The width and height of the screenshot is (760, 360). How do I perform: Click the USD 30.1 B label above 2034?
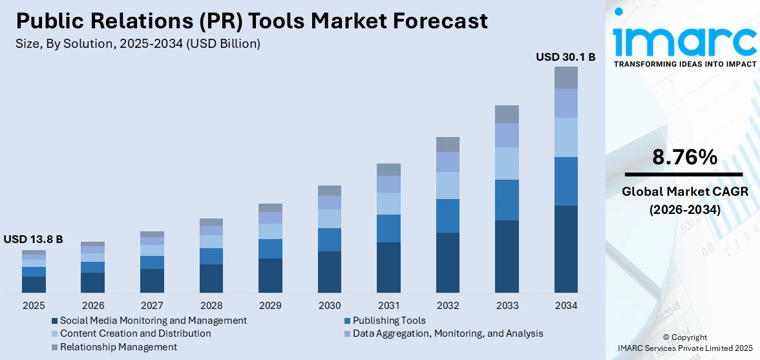[565, 57]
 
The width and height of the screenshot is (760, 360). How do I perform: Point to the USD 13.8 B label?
[33, 239]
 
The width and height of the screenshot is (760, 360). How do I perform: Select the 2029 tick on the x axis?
[270, 305]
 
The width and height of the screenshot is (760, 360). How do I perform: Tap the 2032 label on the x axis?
[448, 305]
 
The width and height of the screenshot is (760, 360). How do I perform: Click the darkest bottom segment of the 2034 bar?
[565, 249]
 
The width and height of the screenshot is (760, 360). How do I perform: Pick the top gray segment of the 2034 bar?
[565, 78]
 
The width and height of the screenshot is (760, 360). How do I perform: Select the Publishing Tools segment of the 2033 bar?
[507, 200]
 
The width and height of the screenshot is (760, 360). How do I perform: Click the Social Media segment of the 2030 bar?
[330, 271]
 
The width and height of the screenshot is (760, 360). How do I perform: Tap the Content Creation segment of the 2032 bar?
[448, 185]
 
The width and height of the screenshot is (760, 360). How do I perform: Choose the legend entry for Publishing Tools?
[388, 321]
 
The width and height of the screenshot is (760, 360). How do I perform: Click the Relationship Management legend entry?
[118, 347]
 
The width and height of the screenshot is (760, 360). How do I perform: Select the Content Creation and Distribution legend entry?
[135, 334]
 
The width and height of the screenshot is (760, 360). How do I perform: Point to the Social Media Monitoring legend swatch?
[55, 321]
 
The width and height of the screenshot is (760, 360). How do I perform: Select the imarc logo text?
[684, 41]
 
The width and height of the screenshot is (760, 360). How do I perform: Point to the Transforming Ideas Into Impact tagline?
[684, 64]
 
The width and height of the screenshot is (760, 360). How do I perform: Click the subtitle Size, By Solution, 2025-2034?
[138, 43]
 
